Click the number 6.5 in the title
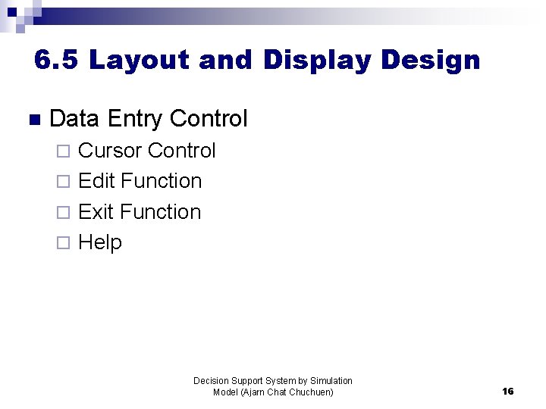coord(56,60)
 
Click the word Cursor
coord(110,151)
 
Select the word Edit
coord(97,181)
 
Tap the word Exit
coord(96,212)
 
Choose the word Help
coord(100,242)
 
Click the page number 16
coord(508,392)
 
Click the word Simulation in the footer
coord(331,381)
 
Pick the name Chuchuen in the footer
coord(312,392)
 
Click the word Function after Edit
coord(162,181)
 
